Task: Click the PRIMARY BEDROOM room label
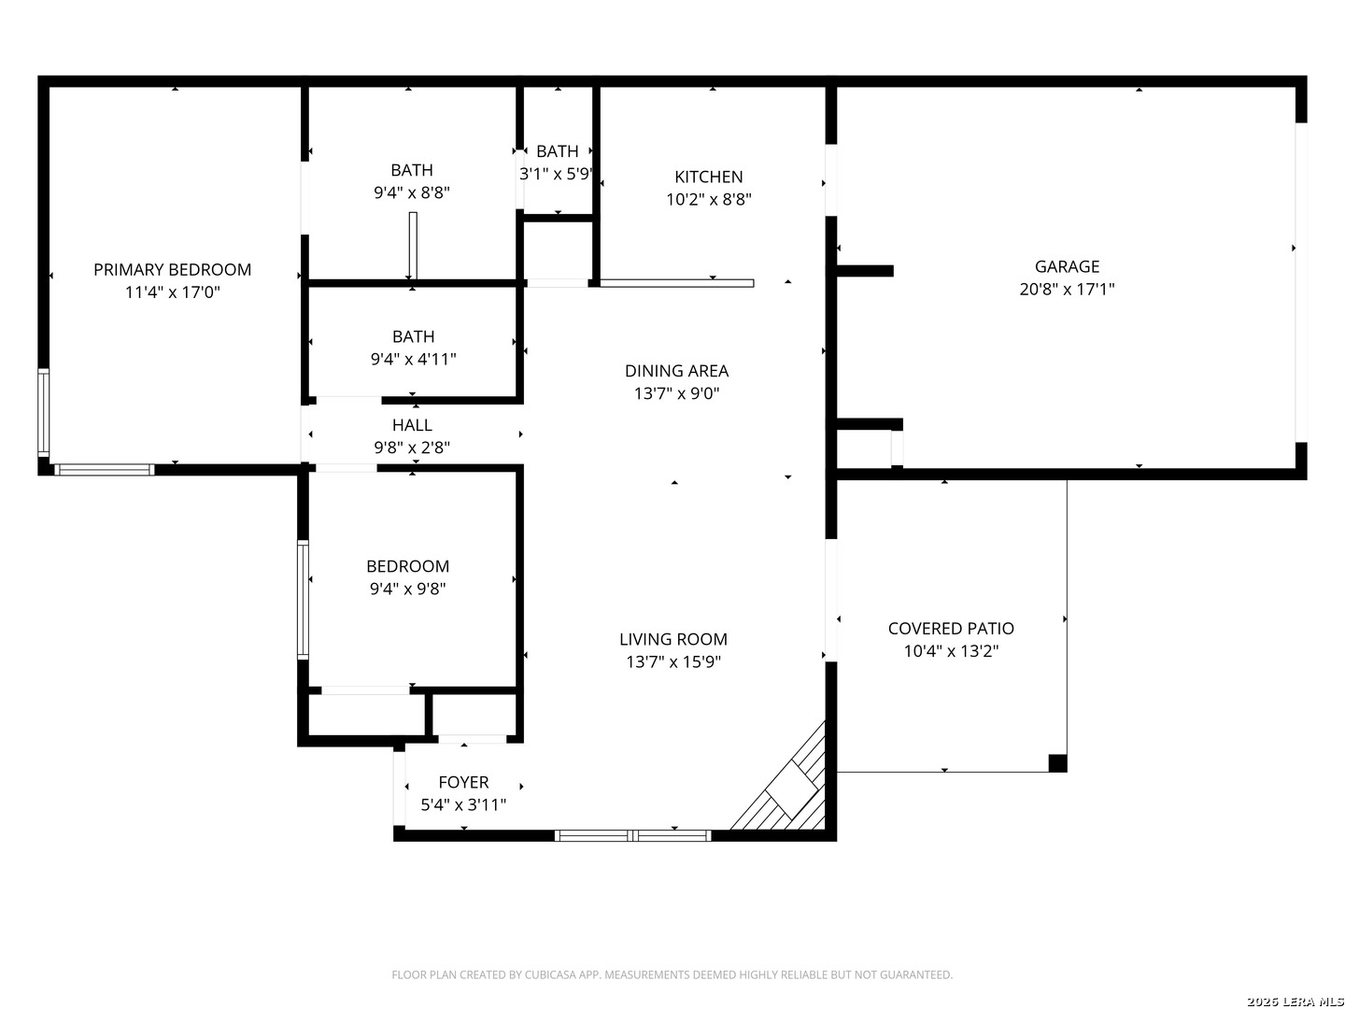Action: [172, 270]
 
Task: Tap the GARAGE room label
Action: [1067, 266]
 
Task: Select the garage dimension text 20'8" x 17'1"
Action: [1067, 290]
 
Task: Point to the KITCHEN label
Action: [708, 178]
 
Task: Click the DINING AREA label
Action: [676, 371]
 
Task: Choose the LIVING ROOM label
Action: [673, 639]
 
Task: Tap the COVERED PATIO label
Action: [951, 628]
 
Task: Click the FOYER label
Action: [463, 782]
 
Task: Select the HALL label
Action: [412, 424]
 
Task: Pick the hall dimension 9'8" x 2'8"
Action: [412, 448]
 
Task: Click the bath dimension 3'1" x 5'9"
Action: [557, 174]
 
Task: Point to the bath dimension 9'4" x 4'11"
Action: [414, 359]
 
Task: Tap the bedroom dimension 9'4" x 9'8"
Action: [407, 589]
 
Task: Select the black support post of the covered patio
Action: [1057, 763]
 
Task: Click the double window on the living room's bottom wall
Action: [633, 835]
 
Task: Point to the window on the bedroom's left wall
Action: [303, 600]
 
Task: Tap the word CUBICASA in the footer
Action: [548, 974]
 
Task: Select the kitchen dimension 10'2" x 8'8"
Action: [709, 200]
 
